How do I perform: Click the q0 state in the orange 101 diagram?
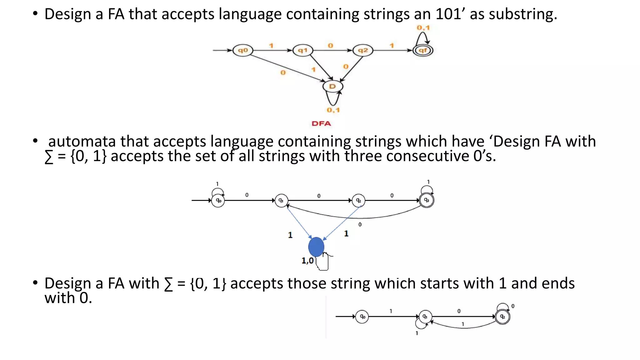[x=243, y=50]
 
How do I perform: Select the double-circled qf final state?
[x=423, y=50]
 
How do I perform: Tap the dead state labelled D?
[x=332, y=86]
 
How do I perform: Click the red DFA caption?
[x=321, y=123]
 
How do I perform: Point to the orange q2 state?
[x=363, y=50]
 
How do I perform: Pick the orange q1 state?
[x=302, y=50]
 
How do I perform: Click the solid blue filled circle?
[x=316, y=247]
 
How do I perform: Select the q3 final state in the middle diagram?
[x=427, y=200]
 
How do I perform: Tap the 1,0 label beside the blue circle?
[x=307, y=261]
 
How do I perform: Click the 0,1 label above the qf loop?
[x=423, y=28]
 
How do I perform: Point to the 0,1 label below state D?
[x=333, y=110]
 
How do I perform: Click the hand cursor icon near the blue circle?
[x=323, y=262]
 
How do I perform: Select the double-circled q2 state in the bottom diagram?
[x=502, y=317]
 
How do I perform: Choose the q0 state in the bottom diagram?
[x=362, y=317]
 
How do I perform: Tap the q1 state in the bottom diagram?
[x=425, y=317]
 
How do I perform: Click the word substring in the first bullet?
[x=523, y=14]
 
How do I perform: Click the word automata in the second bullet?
[x=82, y=142]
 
